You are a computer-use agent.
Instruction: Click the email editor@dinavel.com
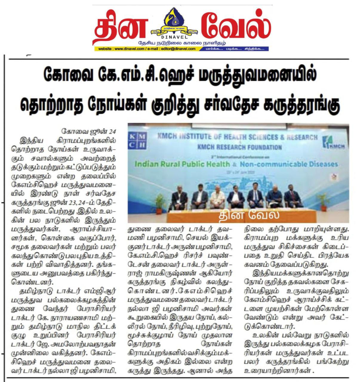pos(181,49)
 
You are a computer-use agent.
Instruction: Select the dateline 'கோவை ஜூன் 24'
pos(88,131)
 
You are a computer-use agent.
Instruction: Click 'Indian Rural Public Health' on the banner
pos(182,164)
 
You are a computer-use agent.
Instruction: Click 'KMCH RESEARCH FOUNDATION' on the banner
pos(239,147)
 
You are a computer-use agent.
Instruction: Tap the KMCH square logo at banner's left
pos(137,141)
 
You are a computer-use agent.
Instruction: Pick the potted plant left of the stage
pos(160,203)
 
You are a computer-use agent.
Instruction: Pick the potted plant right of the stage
pos(323,201)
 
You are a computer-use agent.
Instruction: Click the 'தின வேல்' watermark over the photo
pos(249,215)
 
